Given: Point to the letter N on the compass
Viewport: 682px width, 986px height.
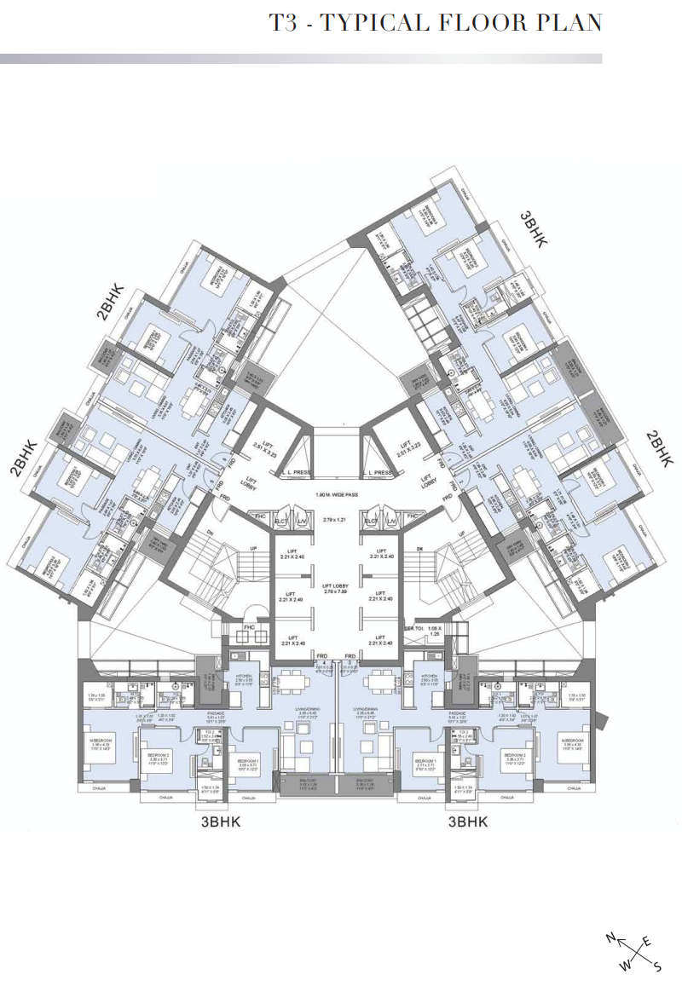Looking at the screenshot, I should click(x=610, y=937).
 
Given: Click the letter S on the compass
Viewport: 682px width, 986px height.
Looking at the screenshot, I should click(x=657, y=967).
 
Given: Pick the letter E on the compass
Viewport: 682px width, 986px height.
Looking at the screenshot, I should click(x=646, y=940).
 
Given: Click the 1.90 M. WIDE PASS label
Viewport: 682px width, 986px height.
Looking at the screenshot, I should click(x=338, y=494).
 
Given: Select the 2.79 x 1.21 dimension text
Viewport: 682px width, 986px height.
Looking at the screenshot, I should click(x=338, y=520).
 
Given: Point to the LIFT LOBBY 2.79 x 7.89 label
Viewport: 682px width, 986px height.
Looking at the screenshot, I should click(x=338, y=589).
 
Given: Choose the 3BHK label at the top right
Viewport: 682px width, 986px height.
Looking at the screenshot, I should click(x=534, y=228).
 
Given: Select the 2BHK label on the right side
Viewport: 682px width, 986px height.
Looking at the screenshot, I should click(x=659, y=447).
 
